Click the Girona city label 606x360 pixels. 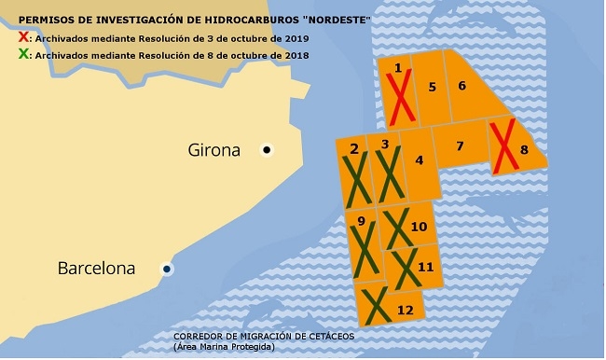click(x=214, y=150)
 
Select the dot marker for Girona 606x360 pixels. click(x=267, y=149)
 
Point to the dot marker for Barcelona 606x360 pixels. click(x=167, y=269)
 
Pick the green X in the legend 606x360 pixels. click(x=23, y=55)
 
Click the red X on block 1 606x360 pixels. click(x=402, y=98)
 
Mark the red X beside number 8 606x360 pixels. click(x=504, y=147)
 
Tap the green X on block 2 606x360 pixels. click(x=356, y=179)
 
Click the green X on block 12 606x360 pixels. click(x=376, y=306)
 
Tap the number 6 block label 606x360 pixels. click(x=462, y=87)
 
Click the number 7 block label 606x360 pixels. click(x=460, y=146)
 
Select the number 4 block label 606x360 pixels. click(x=420, y=160)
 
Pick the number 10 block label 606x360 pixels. click(x=419, y=227)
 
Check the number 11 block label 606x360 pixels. click(x=426, y=267)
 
